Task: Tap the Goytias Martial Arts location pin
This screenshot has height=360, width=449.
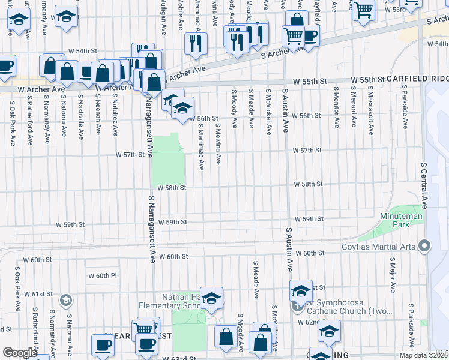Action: coord(426,245)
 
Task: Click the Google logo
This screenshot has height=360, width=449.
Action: coord(20,353)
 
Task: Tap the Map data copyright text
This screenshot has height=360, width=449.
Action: coord(424,355)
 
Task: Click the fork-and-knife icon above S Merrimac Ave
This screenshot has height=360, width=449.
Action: coord(196,43)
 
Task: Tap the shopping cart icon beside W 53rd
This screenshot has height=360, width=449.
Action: coord(364,10)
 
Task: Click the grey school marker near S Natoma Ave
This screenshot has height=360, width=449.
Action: coord(65,300)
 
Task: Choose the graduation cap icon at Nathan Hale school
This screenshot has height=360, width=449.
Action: coord(212,298)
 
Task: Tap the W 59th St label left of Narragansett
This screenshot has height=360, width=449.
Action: coord(71,224)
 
